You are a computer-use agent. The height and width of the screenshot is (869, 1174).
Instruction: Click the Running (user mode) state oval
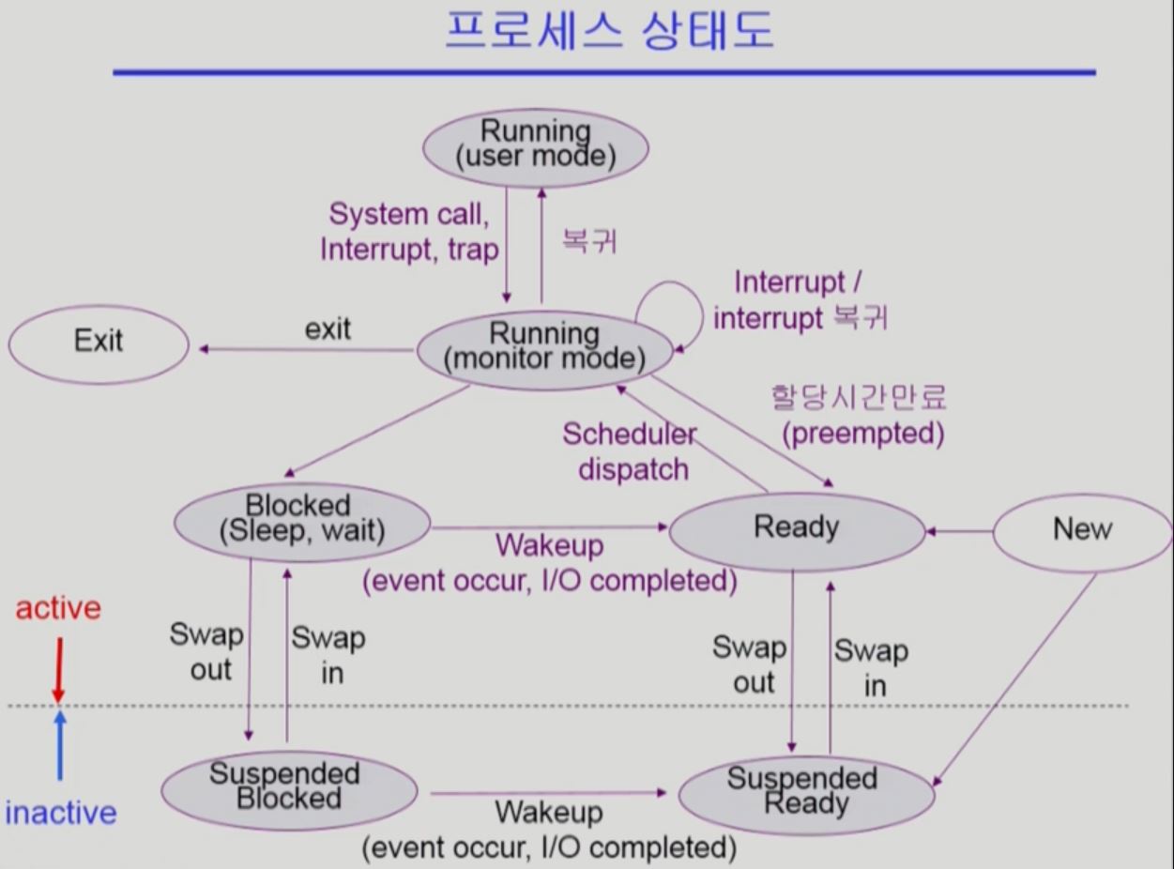point(535,145)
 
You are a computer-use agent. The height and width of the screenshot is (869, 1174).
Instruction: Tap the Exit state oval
point(99,341)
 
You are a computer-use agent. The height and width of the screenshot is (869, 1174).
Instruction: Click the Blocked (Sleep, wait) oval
point(302,519)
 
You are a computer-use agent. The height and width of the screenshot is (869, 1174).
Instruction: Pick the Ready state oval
point(796,527)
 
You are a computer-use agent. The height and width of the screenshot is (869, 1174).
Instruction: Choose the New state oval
point(1082,529)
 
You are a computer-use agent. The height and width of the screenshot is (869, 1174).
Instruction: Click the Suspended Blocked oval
point(288,786)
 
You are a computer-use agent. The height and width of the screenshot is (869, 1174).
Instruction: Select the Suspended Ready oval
point(805,792)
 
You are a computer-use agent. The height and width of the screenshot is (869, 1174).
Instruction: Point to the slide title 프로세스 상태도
point(609,30)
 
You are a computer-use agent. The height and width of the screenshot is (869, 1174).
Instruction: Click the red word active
point(58,608)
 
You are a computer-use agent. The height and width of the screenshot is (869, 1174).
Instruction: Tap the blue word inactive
point(61,812)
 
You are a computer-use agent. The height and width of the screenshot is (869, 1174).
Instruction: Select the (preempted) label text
point(861,434)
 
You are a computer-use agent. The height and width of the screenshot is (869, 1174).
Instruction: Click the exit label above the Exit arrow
point(328,328)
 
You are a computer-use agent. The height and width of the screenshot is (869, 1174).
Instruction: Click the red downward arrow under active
point(58,669)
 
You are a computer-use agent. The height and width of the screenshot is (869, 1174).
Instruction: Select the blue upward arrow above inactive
point(60,746)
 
